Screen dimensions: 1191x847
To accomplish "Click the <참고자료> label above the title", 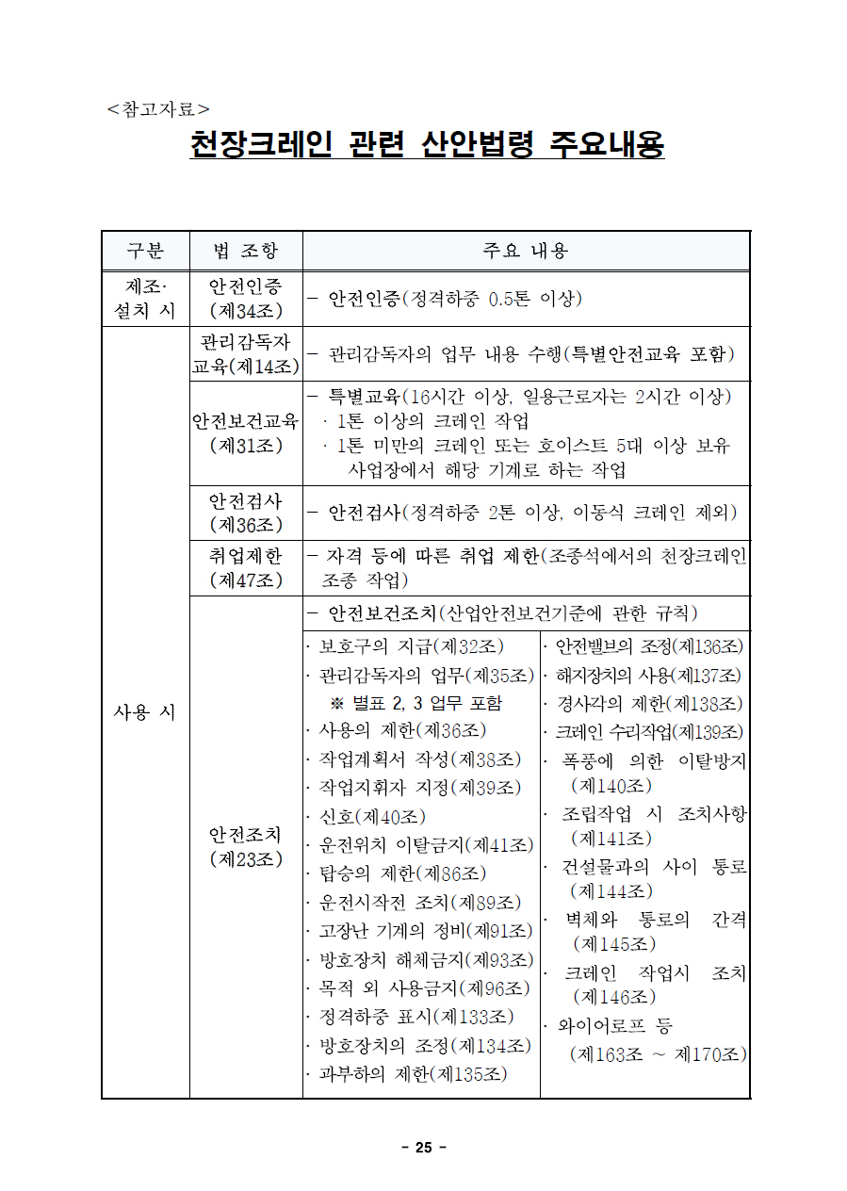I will click(x=158, y=109).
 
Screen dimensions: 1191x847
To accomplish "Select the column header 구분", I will click(x=145, y=251).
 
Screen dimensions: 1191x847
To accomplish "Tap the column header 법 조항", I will click(x=246, y=251).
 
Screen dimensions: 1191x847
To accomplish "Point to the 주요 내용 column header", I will click(x=526, y=251).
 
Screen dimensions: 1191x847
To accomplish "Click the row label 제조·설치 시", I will click(x=145, y=298).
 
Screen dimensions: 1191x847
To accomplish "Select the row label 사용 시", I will click(x=145, y=712).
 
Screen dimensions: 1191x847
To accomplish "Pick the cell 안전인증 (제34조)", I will click(x=246, y=298).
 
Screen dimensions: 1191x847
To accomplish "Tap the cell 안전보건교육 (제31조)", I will click(x=246, y=432).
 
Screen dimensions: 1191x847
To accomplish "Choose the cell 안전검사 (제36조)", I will click(x=246, y=513).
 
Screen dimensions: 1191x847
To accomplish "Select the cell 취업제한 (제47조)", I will click(x=246, y=568).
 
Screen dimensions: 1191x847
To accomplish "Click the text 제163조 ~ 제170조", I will click(x=658, y=1053).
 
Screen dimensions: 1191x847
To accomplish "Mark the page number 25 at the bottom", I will click(x=423, y=1147).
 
